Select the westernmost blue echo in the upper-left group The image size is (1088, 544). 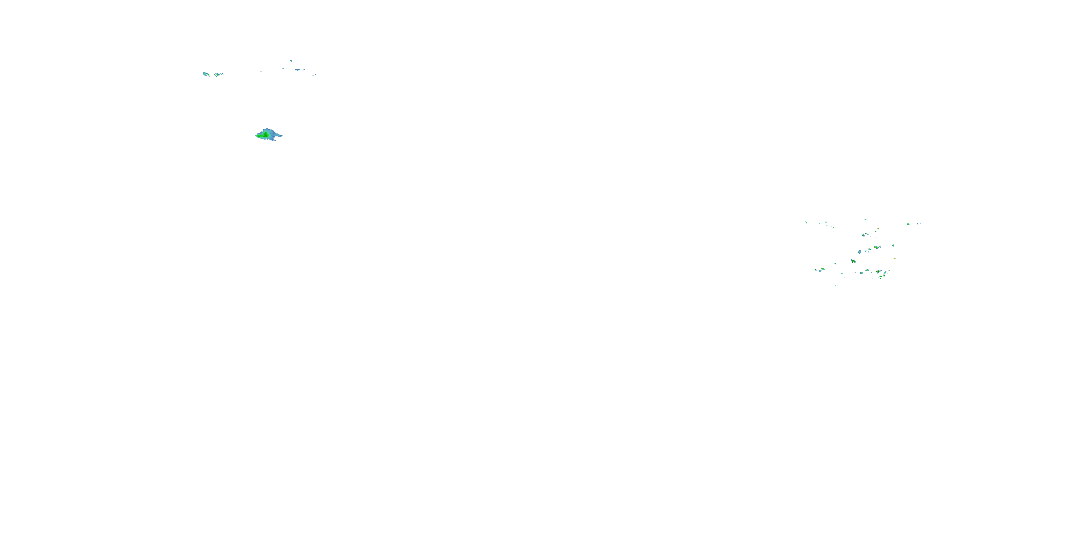[x=205, y=74]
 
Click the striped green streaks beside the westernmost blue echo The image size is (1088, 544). [x=219, y=75]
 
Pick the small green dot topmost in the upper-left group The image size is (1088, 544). [x=291, y=61]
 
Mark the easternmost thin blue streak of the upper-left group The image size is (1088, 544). [x=314, y=75]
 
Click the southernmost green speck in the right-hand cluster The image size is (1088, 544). [x=836, y=286]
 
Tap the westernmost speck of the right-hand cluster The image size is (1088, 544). [x=806, y=223]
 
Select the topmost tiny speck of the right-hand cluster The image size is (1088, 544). [x=865, y=220]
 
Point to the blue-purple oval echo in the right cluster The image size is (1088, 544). [x=859, y=252]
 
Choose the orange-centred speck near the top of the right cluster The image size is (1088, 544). [x=878, y=229]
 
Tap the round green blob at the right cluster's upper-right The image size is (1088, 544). [x=908, y=224]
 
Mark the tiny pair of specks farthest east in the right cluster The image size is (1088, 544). [x=919, y=223]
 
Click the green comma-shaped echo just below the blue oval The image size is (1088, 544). [x=853, y=261]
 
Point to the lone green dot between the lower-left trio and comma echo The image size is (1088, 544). [x=835, y=264]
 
